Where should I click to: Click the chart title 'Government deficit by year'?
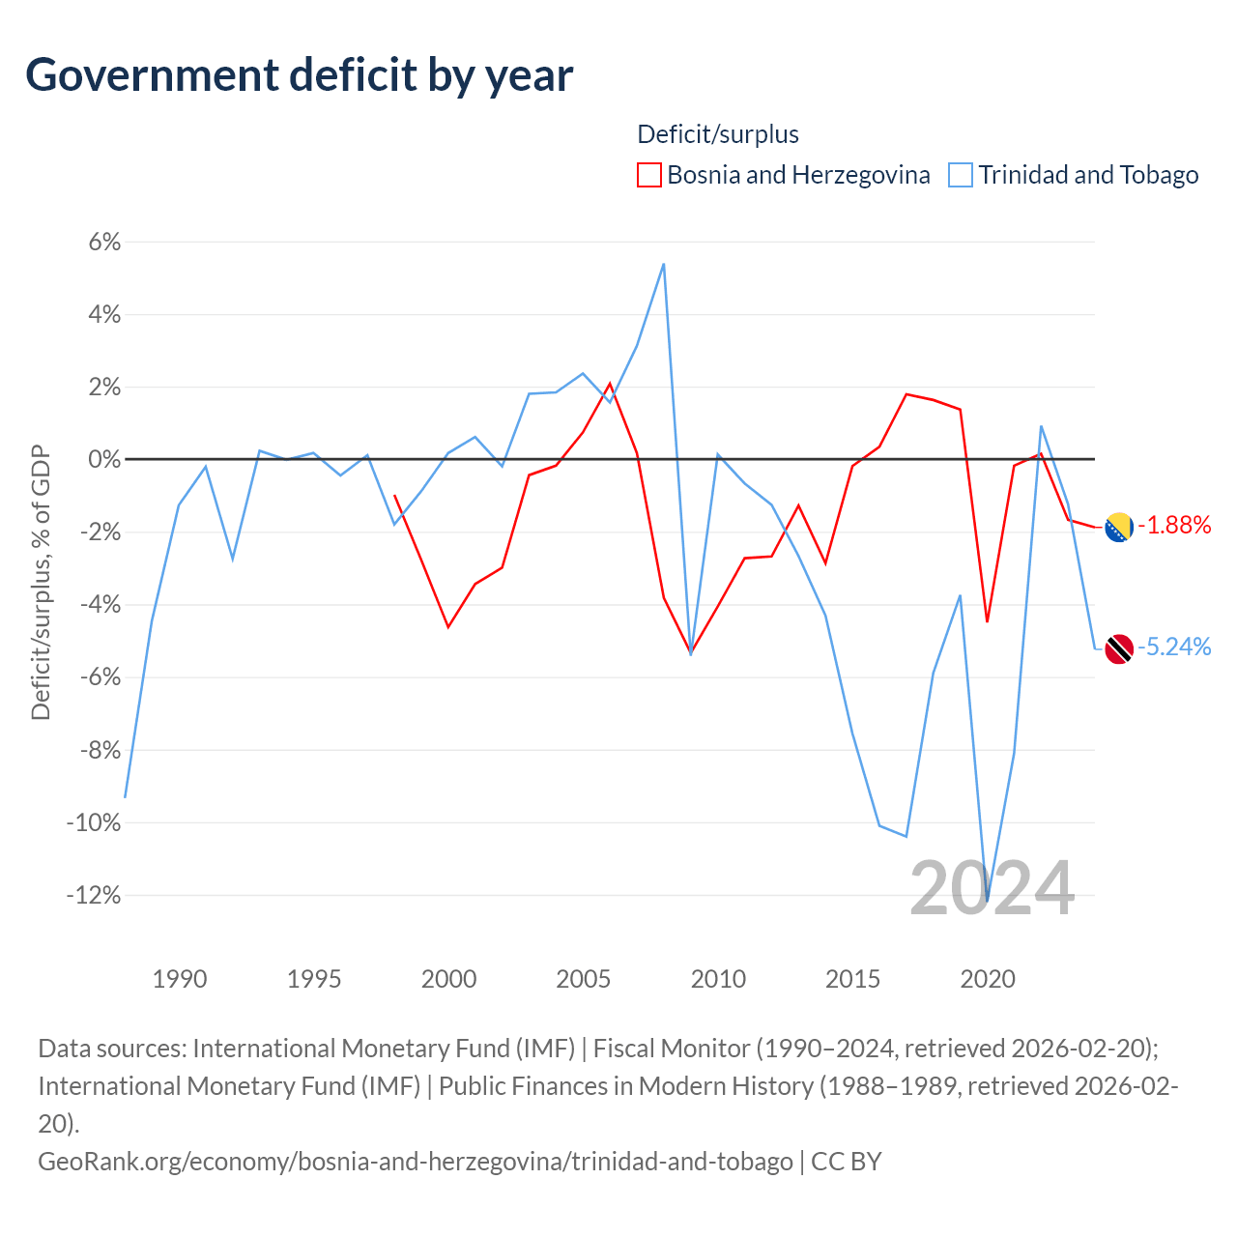300,75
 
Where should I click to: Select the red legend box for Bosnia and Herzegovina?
649,175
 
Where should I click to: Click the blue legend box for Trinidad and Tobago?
961,175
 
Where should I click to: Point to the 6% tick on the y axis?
104,242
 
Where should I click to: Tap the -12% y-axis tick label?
94,895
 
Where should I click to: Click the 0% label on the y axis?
104,459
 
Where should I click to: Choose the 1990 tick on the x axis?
180,979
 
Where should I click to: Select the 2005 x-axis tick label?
584,979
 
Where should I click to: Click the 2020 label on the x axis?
988,979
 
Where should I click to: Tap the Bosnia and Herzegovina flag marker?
1119,528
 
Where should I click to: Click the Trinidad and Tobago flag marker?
1119,648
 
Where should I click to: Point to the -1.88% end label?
1174,526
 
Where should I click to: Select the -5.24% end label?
1174,647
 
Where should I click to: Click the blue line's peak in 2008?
663,264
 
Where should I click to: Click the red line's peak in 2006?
610,384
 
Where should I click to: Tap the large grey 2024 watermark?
992,888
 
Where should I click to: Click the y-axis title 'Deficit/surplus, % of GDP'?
41,582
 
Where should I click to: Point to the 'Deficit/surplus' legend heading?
718,134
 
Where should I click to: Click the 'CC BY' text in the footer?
847,1161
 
